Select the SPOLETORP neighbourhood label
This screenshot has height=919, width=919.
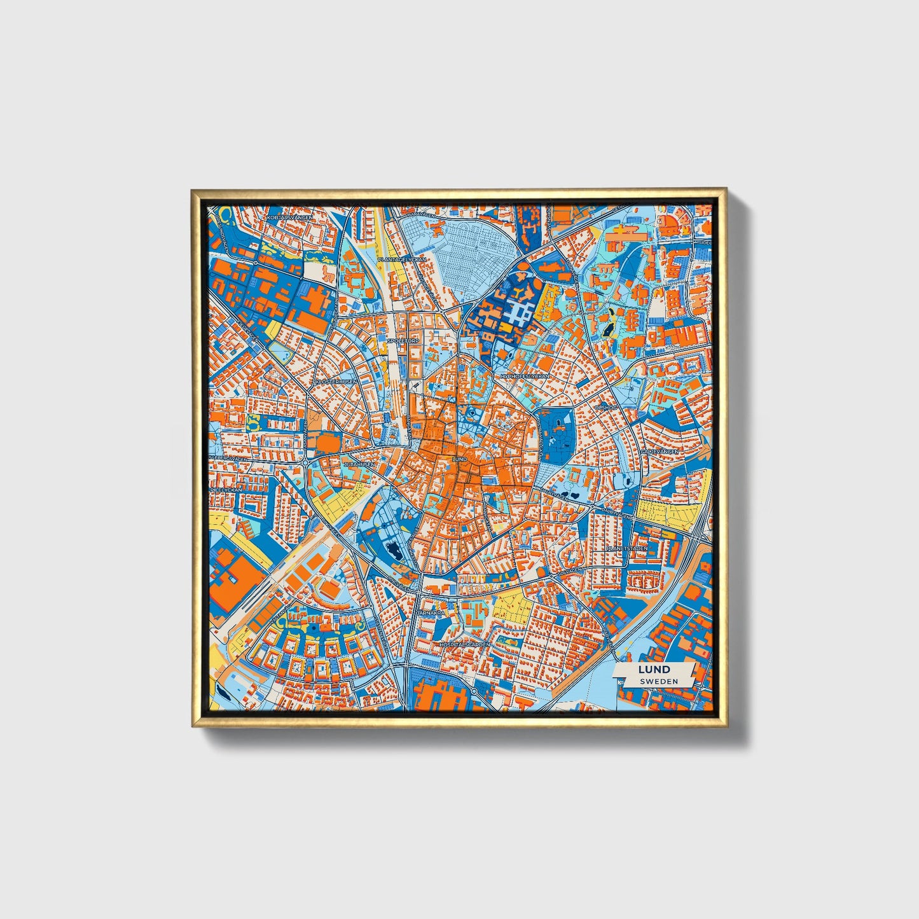coord(400,341)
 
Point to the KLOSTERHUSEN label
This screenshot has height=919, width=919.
coord(335,382)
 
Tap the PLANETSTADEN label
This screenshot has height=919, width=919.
coord(626,548)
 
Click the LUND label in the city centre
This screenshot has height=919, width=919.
coord(459,459)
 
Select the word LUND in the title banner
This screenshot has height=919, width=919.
coord(654,669)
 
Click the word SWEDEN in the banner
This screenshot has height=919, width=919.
coord(659,681)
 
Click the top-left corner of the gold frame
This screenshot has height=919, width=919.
coord(193,190)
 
